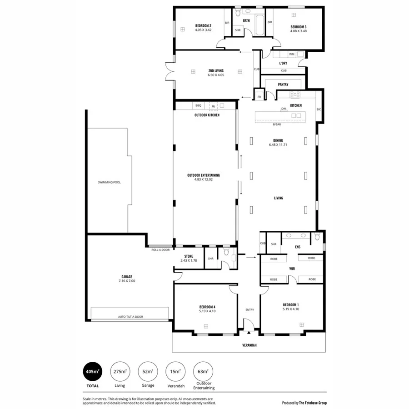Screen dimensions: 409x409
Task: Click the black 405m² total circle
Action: [x=92, y=372]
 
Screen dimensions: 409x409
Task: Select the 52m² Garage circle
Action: [x=147, y=372]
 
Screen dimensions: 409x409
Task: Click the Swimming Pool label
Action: [x=109, y=182]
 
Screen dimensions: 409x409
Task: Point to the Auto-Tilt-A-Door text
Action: [x=130, y=317]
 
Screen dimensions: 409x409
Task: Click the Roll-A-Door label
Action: [x=160, y=250]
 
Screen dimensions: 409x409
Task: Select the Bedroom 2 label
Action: [x=203, y=25]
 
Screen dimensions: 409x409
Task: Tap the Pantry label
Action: [x=283, y=85]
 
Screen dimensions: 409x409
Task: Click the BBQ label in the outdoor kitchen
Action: [x=198, y=105]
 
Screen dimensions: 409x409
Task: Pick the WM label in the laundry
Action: [x=291, y=54]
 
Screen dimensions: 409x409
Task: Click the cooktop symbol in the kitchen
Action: [x=295, y=95]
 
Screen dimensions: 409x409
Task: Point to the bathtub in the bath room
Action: [x=260, y=25]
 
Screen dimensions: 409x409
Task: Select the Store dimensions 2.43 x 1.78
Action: [x=189, y=260]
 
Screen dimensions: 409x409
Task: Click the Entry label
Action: [x=249, y=310]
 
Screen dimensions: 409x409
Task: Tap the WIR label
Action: [x=292, y=269]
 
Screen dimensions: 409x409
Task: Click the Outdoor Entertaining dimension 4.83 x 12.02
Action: [x=204, y=180]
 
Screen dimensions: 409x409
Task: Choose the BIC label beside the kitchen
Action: [x=319, y=110]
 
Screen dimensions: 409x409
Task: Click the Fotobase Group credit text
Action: [x=304, y=403]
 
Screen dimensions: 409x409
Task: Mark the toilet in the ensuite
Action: [x=317, y=237]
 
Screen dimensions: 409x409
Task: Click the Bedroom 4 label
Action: [x=207, y=307]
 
